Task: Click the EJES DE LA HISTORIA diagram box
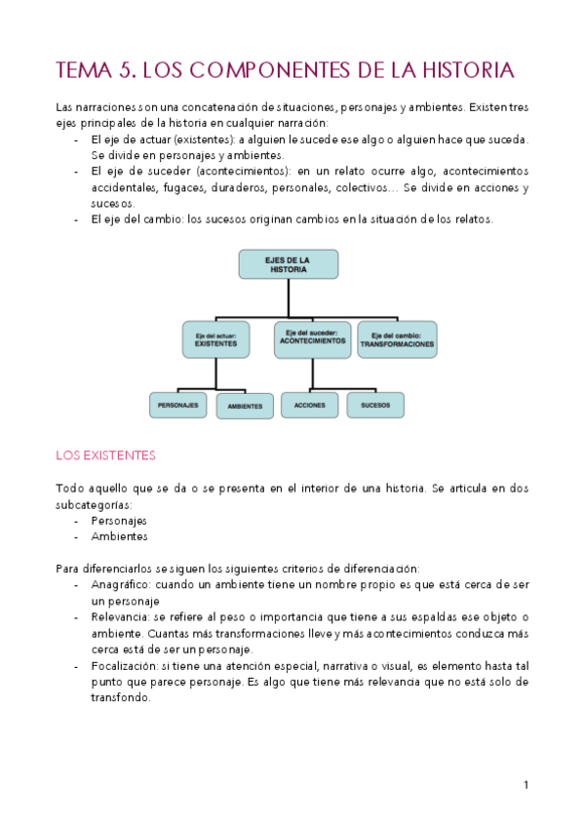[288, 264]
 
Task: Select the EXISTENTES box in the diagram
[215, 339]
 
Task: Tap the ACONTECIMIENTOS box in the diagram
[312, 339]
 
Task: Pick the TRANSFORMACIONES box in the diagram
[397, 339]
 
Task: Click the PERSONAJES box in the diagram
[178, 404]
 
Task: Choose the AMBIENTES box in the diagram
[245, 405]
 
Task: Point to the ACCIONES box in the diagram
[309, 404]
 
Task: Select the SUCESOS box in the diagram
[375, 404]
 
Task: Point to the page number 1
[526, 784]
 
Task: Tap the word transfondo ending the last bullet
[120, 698]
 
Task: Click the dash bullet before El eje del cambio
[77, 219]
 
